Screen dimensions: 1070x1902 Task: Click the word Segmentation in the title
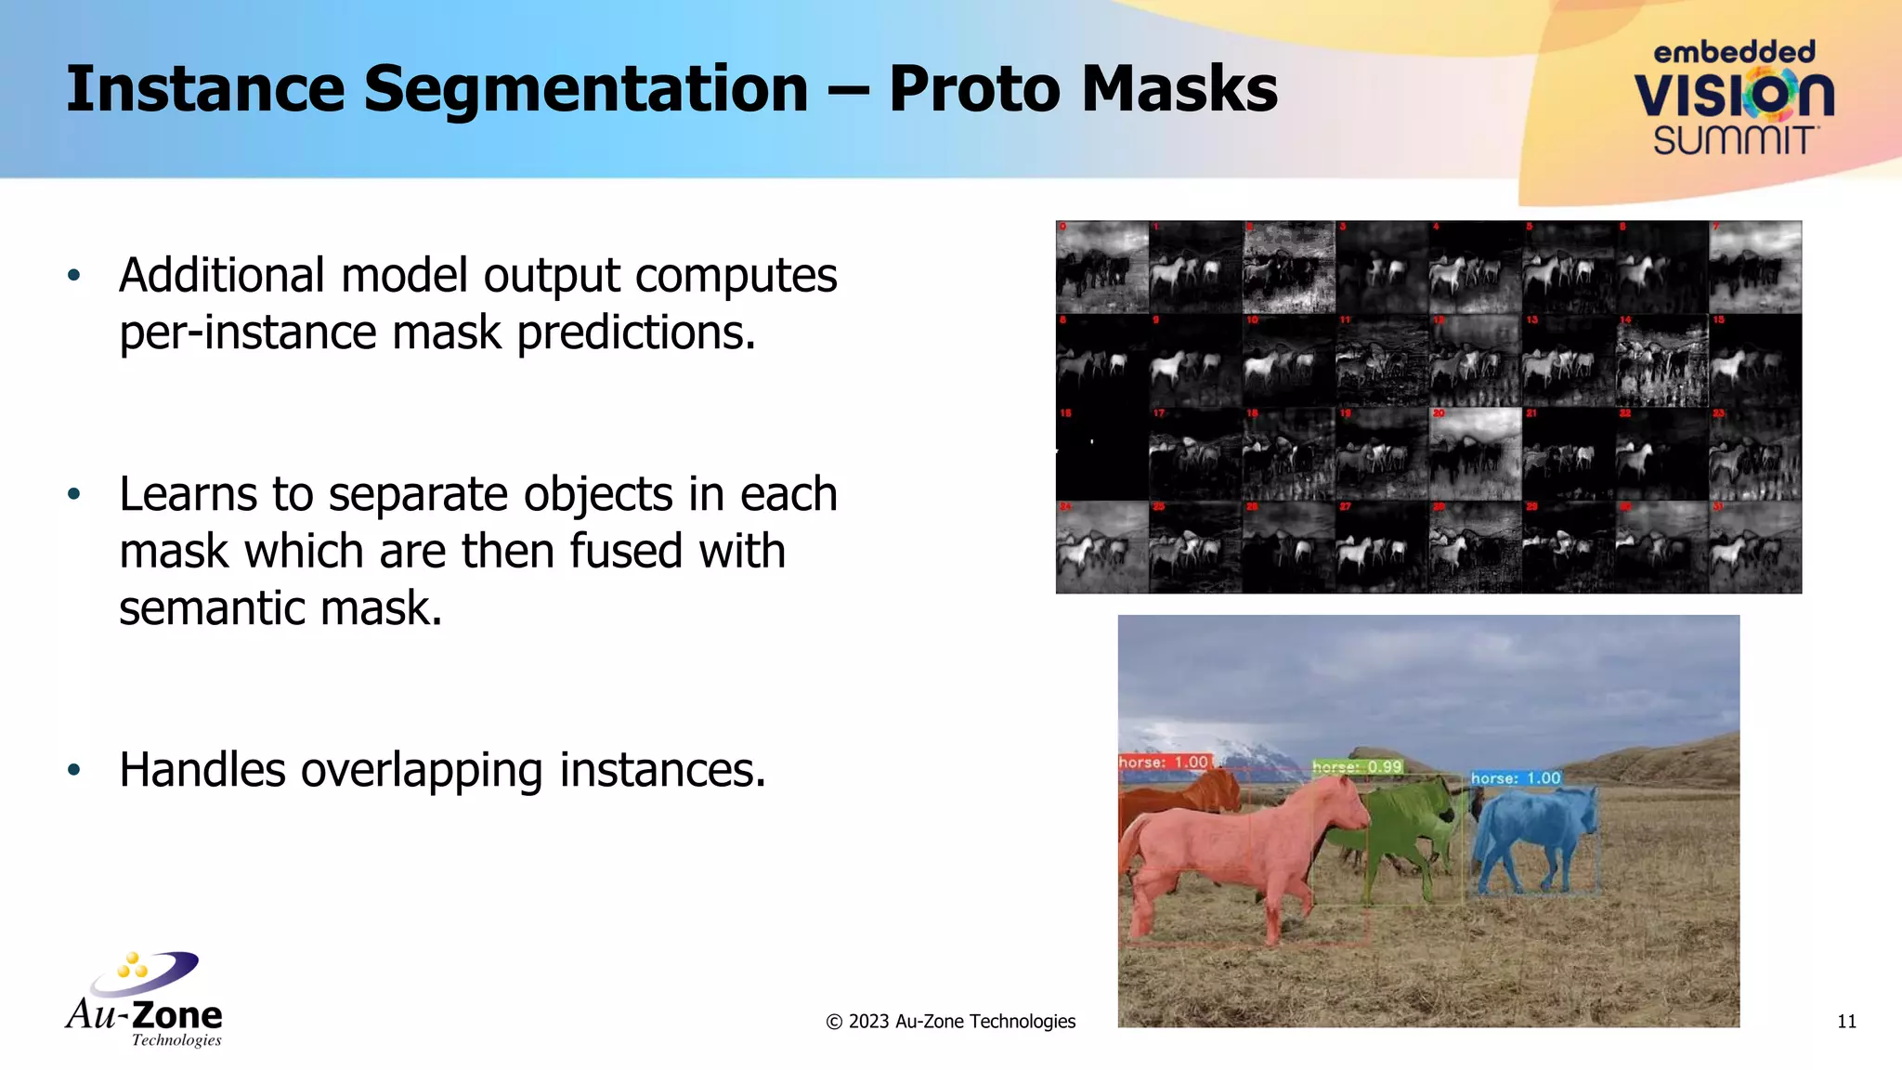point(585,89)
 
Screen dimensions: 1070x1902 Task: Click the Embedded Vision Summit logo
point(1733,98)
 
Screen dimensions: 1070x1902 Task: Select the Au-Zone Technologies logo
point(145,999)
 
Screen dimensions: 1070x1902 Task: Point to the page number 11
point(1846,1022)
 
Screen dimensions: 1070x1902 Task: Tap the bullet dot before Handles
point(74,770)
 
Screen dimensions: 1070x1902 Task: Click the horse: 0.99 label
point(1357,766)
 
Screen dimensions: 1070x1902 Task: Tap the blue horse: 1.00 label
point(1516,777)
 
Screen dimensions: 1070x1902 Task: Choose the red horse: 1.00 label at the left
point(1164,762)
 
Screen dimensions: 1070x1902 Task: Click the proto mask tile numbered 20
point(1475,454)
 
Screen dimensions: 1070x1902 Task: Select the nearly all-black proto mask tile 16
point(1102,454)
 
